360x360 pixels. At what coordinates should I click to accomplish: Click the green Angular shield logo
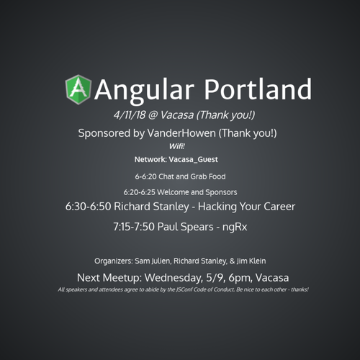[78, 90]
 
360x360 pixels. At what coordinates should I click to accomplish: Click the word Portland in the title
[258, 89]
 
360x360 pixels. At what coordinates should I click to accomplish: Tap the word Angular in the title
[144, 91]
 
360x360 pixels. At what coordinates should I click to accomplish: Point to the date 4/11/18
[130, 114]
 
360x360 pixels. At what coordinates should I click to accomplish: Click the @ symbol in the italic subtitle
[153, 115]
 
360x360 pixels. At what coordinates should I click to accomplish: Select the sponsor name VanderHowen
[181, 133]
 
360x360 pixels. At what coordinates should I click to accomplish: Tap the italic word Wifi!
[177, 146]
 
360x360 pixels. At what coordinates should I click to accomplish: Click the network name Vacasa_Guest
[193, 160]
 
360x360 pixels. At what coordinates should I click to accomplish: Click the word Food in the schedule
[217, 176]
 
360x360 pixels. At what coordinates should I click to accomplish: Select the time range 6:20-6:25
[140, 192]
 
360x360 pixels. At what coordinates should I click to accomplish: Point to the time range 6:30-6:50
[88, 207]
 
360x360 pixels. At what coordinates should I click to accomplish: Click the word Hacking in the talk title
[217, 207]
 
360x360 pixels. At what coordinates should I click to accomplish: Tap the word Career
[279, 207]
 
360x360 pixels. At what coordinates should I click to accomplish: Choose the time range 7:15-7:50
[134, 227]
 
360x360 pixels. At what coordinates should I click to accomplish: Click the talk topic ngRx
[235, 228]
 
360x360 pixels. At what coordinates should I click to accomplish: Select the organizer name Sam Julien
[153, 261]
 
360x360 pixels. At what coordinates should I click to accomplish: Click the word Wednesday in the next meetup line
[174, 278]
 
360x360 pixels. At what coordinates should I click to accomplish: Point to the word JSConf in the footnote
[184, 289]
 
